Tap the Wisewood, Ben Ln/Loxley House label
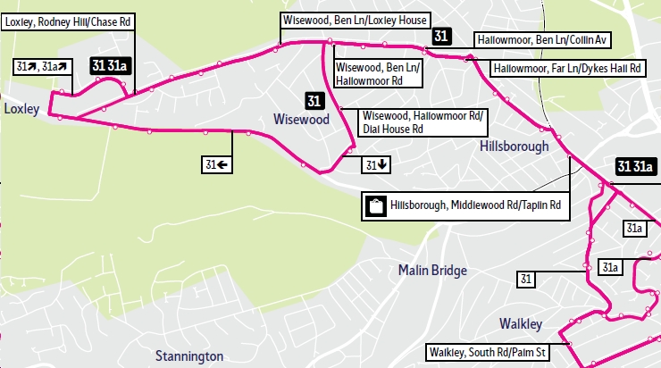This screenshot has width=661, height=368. (x=355, y=20)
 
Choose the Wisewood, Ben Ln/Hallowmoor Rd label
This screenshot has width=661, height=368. (x=376, y=73)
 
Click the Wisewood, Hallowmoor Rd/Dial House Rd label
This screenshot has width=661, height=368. (x=422, y=122)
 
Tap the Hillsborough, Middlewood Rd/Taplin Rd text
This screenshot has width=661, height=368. (x=478, y=206)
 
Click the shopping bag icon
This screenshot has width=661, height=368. (x=375, y=206)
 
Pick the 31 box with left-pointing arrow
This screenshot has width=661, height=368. (x=216, y=164)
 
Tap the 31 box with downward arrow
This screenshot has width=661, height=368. (x=376, y=164)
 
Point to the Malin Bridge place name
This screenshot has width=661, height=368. (x=431, y=270)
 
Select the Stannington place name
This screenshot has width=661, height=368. (x=188, y=356)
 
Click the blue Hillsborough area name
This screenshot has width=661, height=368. (x=512, y=146)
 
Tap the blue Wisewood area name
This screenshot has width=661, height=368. (x=301, y=119)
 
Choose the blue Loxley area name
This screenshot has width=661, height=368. (x=22, y=109)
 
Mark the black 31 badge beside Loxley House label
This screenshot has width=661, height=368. (x=440, y=36)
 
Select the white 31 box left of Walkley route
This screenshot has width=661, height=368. (x=526, y=280)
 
